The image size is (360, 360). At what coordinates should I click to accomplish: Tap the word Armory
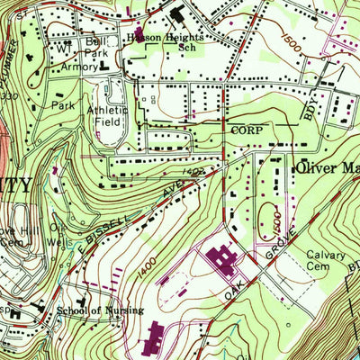(x=78, y=67)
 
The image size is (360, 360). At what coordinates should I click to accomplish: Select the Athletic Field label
(x=112, y=118)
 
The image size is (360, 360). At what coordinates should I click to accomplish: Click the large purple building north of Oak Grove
(x=221, y=263)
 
